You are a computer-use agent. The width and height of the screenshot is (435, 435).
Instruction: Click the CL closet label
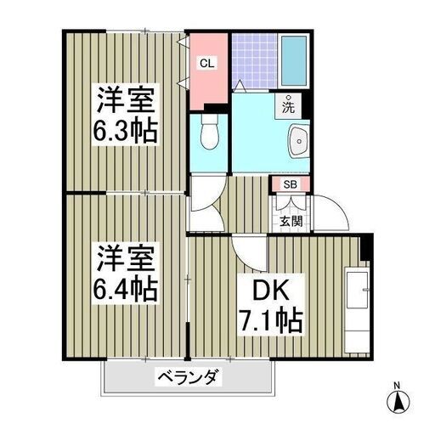tap(207, 64)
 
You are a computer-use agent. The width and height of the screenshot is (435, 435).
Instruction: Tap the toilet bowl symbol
tap(209, 132)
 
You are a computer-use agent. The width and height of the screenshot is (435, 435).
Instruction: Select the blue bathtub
tap(294, 61)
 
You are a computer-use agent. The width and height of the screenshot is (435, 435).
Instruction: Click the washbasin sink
tap(298, 140)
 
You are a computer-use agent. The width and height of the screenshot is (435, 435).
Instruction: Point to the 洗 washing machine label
tap(288, 106)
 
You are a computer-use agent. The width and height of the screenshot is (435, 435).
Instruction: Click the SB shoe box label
tap(291, 184)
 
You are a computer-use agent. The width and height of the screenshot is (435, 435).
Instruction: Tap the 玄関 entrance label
tap(291, 221)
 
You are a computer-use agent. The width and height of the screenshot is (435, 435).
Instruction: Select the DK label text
tap(271, 290)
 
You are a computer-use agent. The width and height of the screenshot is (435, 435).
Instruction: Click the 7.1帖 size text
tap(271, 321)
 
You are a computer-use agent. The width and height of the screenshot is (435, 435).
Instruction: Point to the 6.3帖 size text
tap(125, 132)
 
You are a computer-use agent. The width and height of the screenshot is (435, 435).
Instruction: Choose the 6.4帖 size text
tap(125, 290)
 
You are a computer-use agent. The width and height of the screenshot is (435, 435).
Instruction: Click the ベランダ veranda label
tap(189, 377)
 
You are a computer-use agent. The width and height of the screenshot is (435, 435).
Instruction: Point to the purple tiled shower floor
tap(254, 61)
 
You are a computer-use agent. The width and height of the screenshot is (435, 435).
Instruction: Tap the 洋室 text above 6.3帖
tap(127, 100)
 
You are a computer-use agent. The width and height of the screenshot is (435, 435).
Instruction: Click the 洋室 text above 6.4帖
tap(127, 258)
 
